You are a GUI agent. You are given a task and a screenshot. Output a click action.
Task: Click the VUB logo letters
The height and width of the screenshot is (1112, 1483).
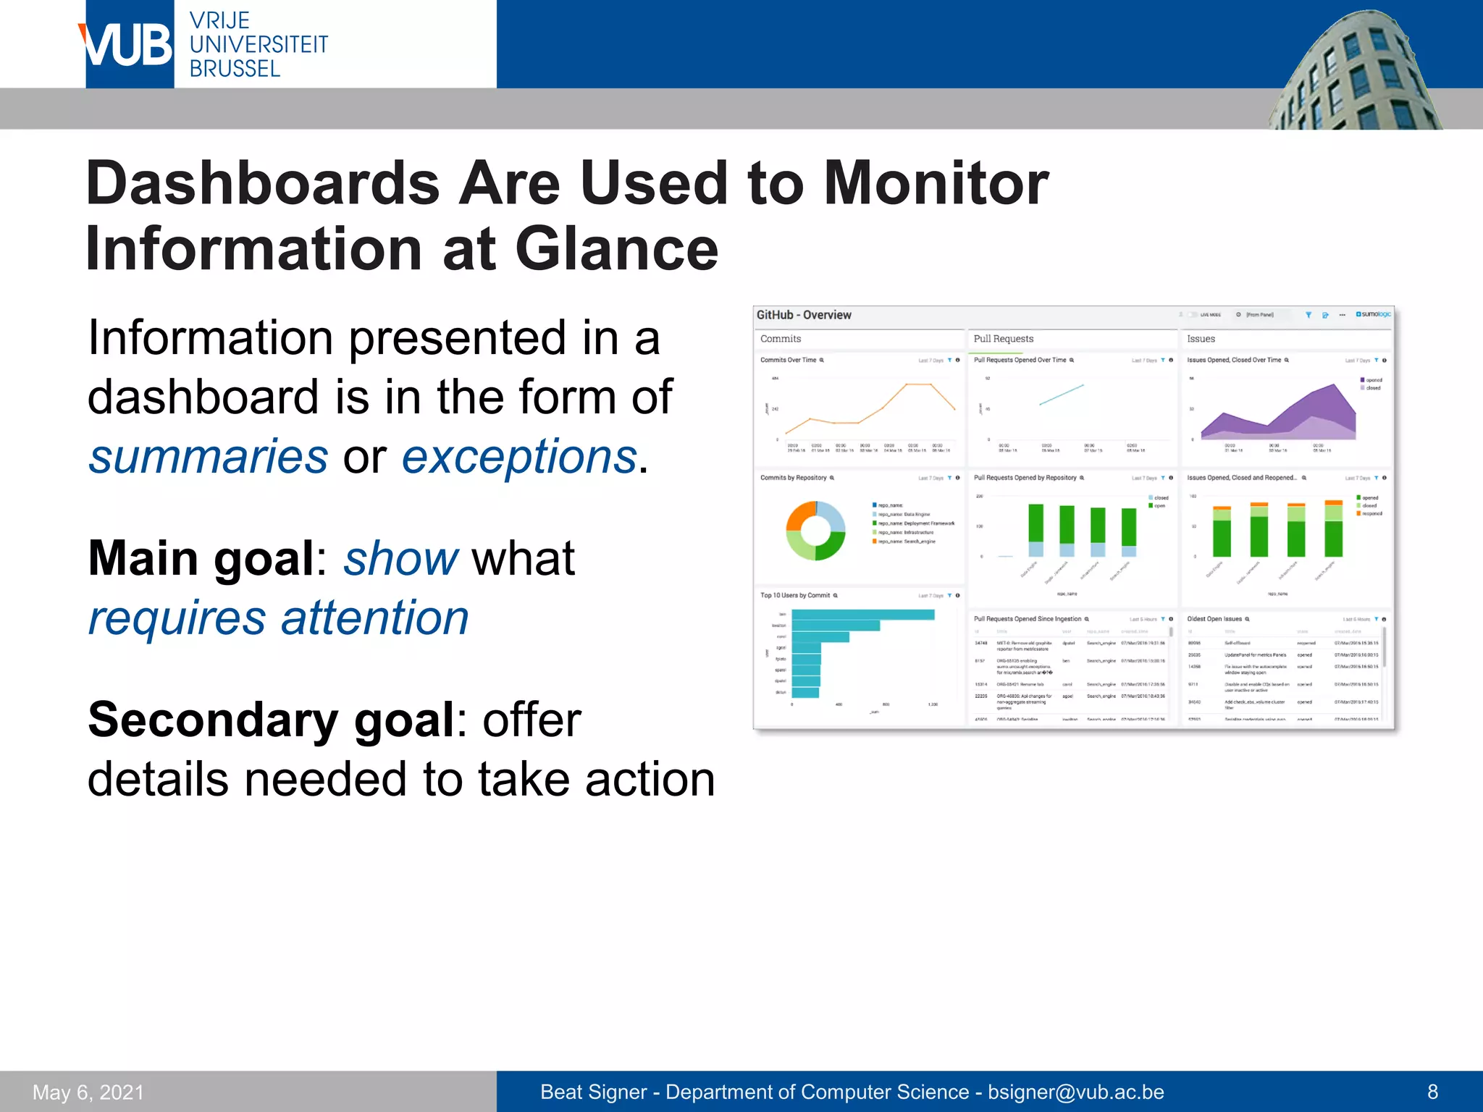point(129,45)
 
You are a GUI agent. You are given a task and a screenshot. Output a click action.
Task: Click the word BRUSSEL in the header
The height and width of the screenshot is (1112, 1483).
point(235,69)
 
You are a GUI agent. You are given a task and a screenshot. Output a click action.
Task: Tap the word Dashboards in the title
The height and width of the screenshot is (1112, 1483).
point(262,183)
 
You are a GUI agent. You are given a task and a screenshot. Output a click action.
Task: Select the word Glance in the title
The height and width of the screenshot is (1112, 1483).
point(616,249)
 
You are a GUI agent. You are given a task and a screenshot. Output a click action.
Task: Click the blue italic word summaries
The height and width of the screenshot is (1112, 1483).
point(209,457)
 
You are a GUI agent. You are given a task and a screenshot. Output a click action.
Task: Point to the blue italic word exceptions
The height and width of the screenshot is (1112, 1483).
point(519,457)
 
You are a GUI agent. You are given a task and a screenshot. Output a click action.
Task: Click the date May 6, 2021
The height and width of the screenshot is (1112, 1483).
point(88,1092)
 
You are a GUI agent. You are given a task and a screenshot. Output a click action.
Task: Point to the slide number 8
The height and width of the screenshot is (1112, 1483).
point(1432,1092)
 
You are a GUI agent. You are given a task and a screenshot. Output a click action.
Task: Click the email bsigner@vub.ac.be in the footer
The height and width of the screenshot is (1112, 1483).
point(1076,1092)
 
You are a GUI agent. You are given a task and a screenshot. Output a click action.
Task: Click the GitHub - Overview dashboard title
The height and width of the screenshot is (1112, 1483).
point(804,315)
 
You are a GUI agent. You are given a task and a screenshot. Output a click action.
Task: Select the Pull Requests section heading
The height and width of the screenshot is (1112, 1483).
point(1003,339)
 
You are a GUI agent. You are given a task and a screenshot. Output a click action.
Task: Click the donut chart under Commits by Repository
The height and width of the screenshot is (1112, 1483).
point(816,531)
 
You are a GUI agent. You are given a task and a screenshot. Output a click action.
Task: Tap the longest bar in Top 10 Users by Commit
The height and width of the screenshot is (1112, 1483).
point(862,615)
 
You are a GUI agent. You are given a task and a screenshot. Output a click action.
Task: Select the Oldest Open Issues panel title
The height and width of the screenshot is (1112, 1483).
point(1214,619)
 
